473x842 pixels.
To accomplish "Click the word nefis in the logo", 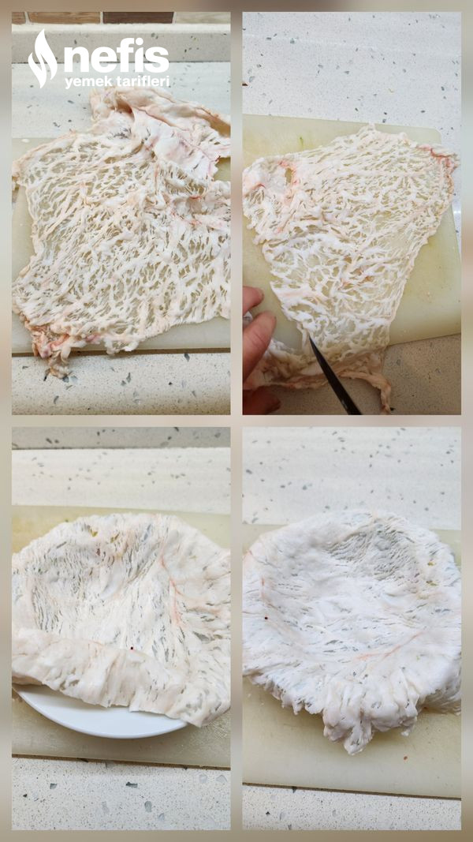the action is point(117,54).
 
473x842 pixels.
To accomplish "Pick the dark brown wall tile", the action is point(138,17).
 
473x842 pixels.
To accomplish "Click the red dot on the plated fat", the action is point(132,648).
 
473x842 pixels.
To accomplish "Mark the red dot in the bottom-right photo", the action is point(266,618).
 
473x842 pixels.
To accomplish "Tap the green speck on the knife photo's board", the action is point(302,144).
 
